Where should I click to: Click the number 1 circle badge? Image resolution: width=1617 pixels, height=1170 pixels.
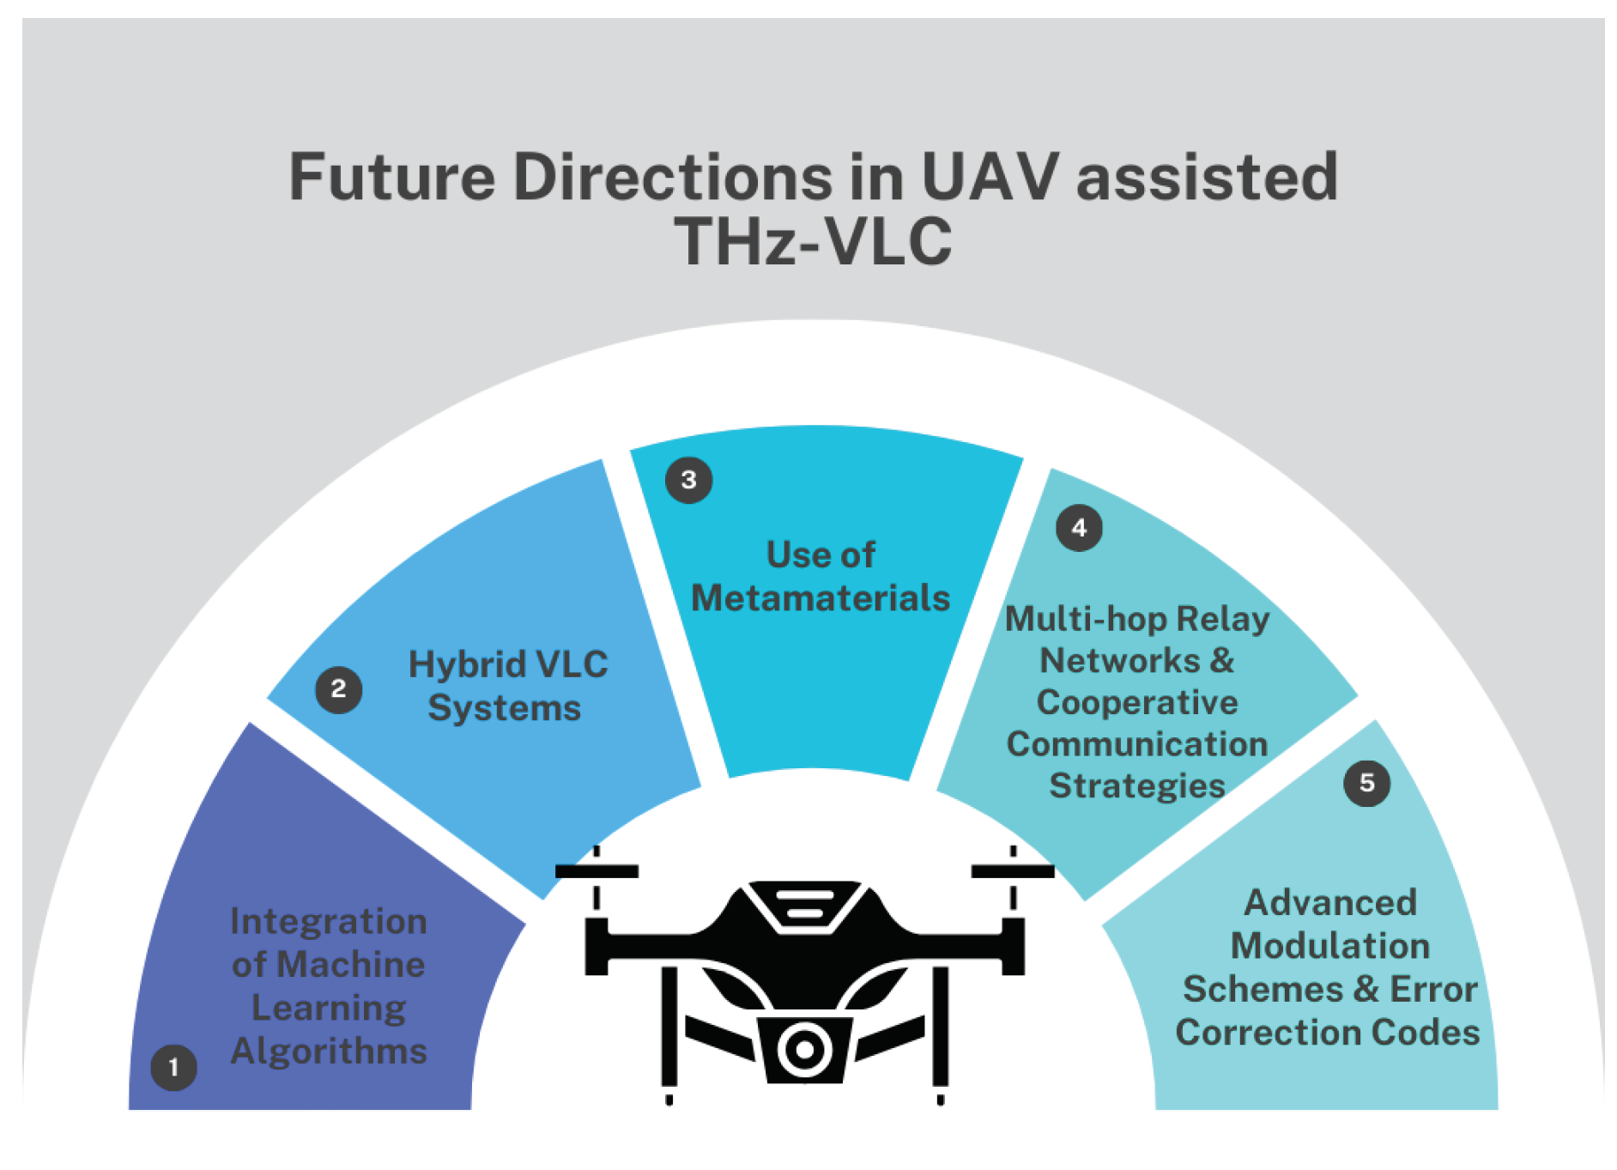[173, 1067]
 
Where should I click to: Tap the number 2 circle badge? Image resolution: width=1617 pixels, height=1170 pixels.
[338, 688]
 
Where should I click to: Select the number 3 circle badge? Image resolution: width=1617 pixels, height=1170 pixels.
[688, 480]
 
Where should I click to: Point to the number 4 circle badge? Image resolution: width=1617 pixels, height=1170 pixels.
[1079, 528]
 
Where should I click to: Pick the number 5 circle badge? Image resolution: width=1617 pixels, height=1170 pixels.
[1366, 783]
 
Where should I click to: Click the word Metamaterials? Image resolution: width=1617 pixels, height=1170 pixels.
[821, 598]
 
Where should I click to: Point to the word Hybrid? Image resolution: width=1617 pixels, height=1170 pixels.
[466, 664]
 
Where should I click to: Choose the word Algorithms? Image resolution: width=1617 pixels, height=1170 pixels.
[329, 1052]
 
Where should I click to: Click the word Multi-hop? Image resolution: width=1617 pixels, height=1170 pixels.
[1085, 619]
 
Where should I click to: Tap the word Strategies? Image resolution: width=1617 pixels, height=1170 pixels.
[1137, 785]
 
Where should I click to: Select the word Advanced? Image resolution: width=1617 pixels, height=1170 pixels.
[1330, 903]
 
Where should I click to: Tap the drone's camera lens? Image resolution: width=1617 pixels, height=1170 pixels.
[805, 1049]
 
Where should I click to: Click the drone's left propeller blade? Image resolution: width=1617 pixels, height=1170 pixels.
[597, 871]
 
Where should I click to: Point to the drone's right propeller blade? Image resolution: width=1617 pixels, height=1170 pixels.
[1013, 871]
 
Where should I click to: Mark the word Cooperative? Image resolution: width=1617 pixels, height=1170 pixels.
[1137, 702]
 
